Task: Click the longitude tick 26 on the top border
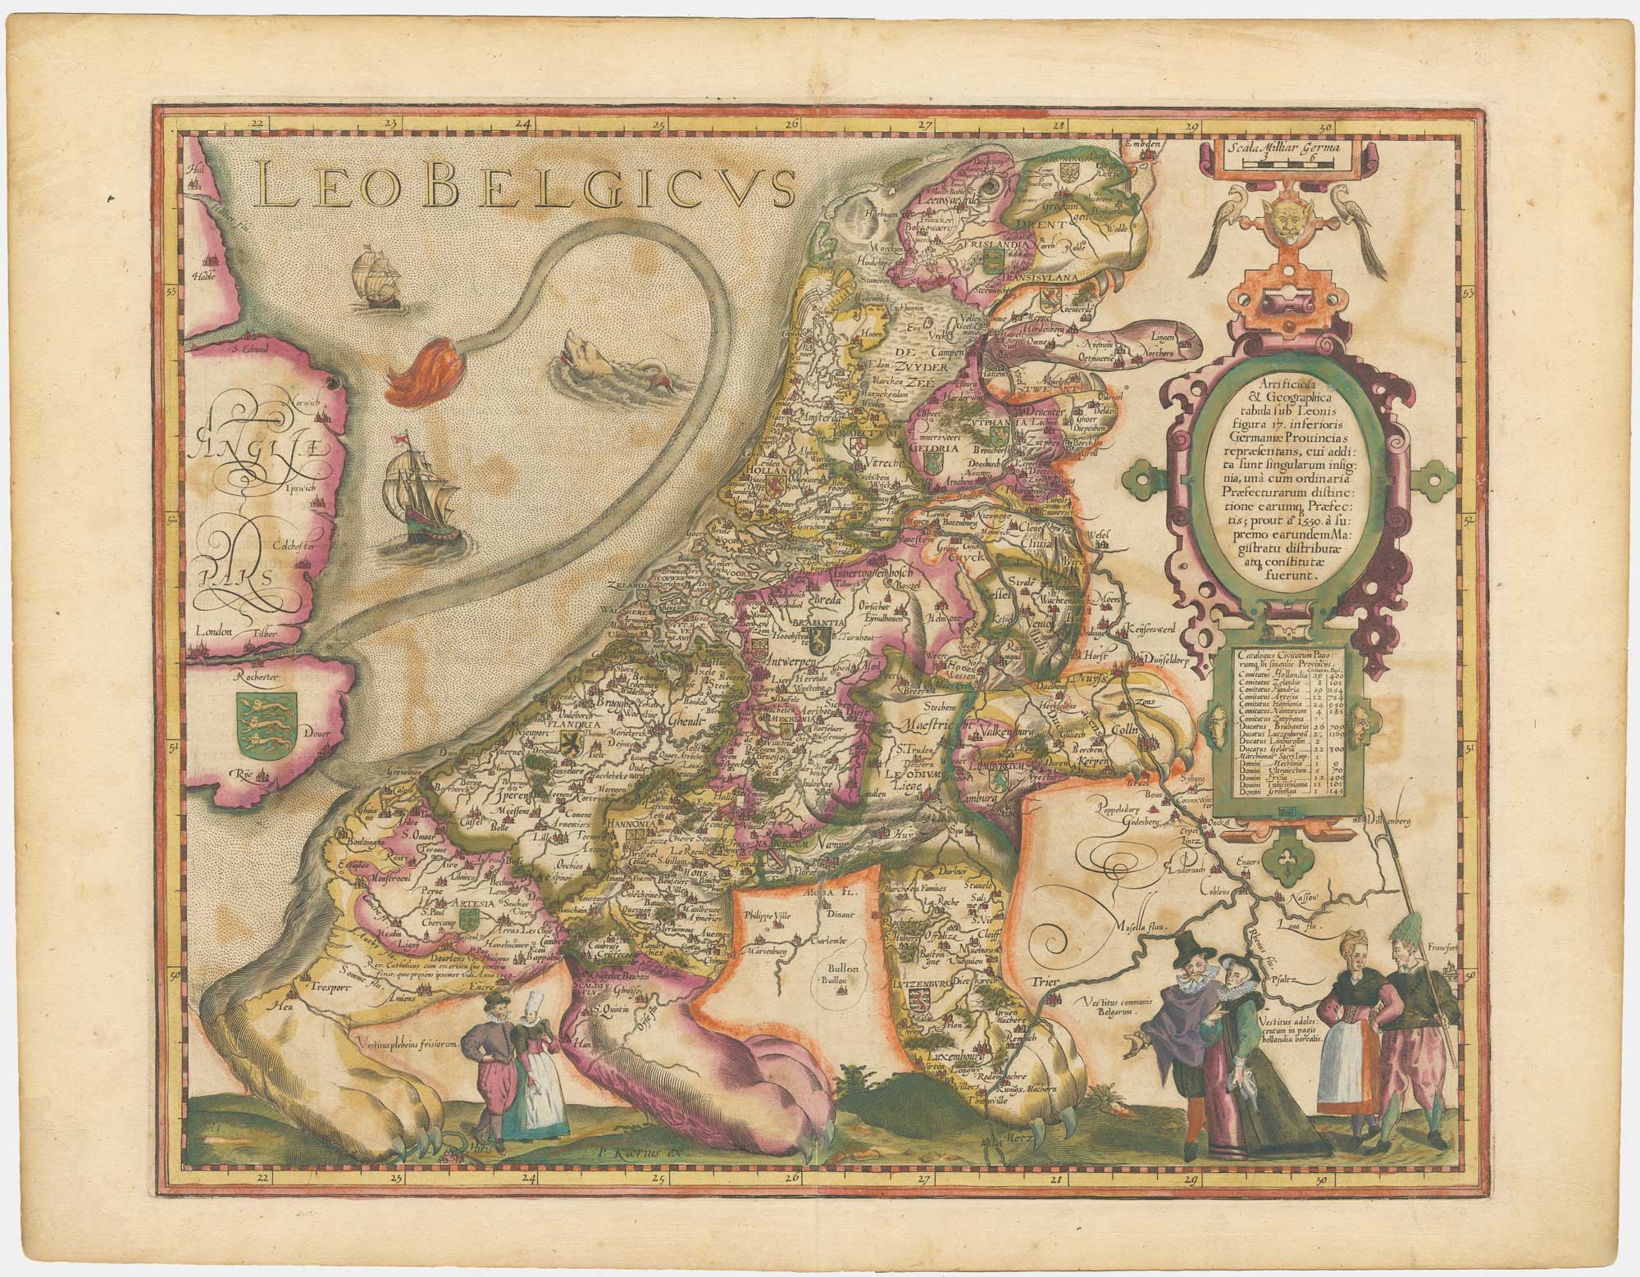pos(791,125)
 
